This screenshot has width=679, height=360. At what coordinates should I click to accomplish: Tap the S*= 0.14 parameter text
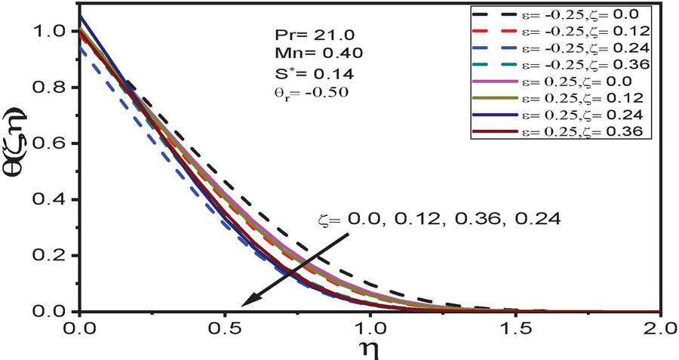300,72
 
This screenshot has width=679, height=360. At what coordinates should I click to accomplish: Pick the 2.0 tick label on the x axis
659,328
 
